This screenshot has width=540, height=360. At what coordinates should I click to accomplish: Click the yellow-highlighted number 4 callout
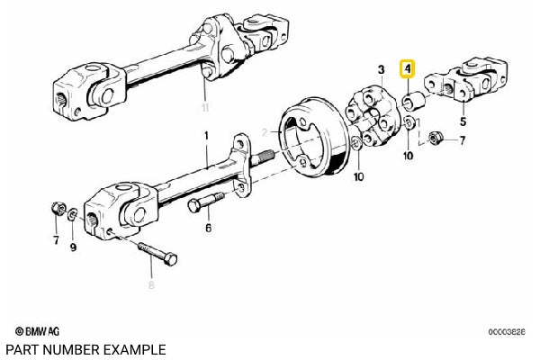click(408, 68)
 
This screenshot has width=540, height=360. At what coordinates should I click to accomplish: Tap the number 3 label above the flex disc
click(381, 69)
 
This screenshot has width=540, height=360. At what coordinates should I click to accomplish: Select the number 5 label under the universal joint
click(463, 120)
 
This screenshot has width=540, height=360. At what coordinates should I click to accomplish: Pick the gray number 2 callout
click(265, 132)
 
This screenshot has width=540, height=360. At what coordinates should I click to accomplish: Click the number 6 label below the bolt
click(207, 229)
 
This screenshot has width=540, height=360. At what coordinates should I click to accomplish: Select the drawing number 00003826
click(508, 332)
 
